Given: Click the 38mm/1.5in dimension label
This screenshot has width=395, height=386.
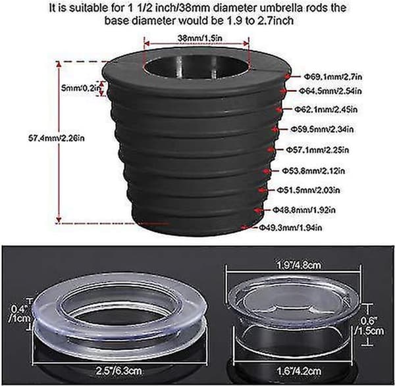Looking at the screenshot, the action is (200, 38).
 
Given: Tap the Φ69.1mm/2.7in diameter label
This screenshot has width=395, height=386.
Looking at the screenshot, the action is (333, 76).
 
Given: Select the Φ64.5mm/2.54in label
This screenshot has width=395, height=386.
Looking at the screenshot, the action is (330, 91).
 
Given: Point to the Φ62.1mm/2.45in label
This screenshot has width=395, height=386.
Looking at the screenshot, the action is (326, 109).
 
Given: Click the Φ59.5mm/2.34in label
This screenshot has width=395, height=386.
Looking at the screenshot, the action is (322, 130).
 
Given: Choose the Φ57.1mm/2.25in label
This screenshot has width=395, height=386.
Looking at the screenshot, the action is (317, 150).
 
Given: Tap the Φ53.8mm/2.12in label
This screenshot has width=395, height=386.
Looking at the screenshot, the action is (313, 171).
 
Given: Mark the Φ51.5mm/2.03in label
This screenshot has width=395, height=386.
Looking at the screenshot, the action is (308, 190).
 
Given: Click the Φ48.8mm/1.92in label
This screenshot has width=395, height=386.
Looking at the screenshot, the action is (304, 210).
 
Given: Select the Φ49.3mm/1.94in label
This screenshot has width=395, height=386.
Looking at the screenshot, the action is (291, 228).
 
